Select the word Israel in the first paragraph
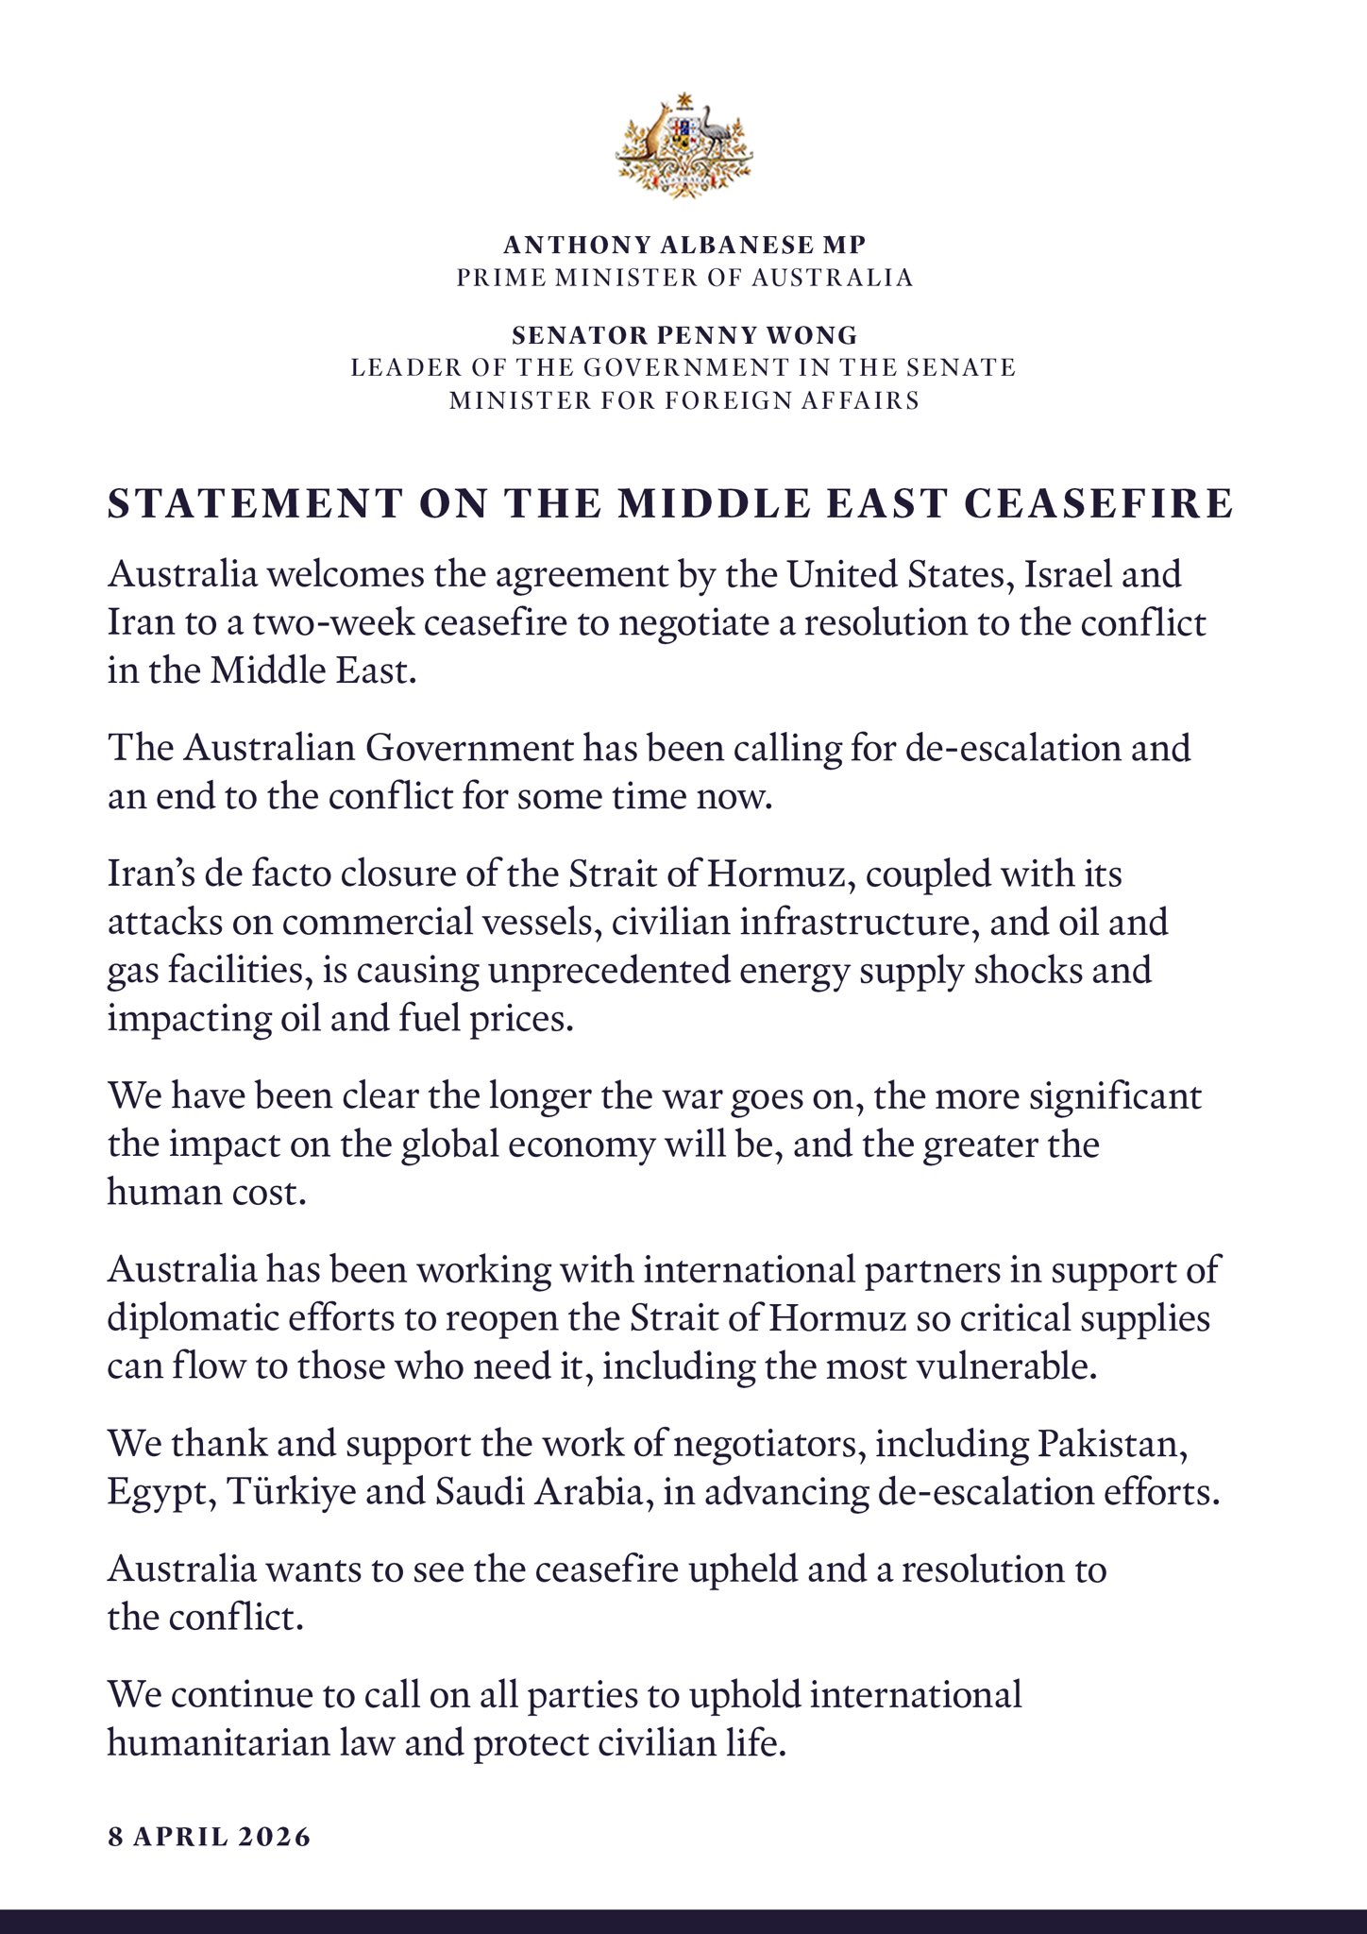click(1083, 574)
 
